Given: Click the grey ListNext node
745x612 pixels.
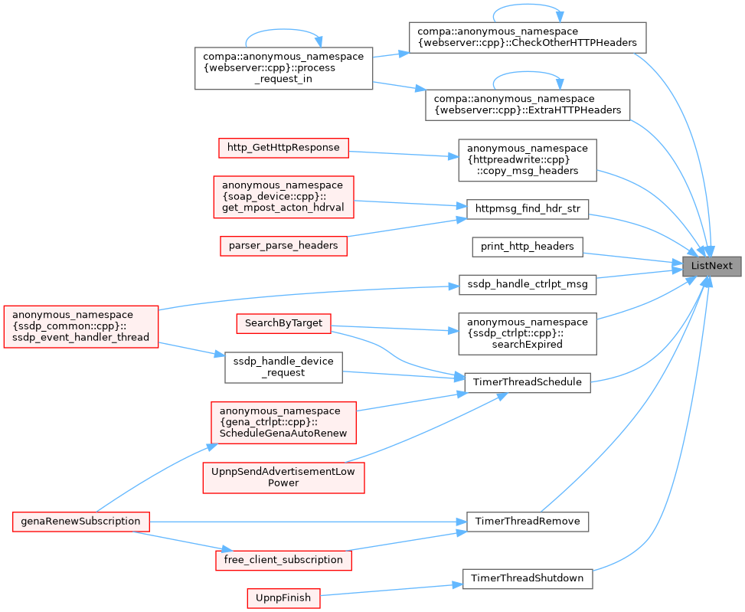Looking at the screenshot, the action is tap(712, 266).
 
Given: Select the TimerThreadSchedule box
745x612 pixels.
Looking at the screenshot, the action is tap(528, 382).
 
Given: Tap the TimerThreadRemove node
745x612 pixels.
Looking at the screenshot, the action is tap(528, 522).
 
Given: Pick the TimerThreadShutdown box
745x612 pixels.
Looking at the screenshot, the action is tap(528, 579).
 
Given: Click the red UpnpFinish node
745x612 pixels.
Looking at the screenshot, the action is tap(283, 598).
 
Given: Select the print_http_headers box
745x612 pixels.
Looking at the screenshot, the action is tap(528, 247).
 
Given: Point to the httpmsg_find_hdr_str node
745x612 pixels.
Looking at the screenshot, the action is tap(528, 209).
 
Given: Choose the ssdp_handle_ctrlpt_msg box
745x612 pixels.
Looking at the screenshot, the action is tap(528, 285).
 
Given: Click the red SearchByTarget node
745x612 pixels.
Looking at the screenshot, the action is tap(283, 323).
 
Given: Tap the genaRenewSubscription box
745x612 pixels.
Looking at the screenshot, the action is tap(80, 522).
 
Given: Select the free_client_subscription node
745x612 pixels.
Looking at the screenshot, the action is tap(283, 560).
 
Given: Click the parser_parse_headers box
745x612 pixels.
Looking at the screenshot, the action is tap(283, 246).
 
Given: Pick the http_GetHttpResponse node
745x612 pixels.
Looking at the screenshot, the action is tap(283, 149).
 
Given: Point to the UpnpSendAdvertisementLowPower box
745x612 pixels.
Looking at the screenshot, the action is tap(283, 477).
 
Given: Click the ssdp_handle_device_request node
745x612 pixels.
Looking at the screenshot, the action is tap(283, 368).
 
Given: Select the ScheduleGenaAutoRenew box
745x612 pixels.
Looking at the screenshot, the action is tap(283, 423).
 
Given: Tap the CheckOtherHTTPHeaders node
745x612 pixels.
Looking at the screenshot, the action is tap(528, 38).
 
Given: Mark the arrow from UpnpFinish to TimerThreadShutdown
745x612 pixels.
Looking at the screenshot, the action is tap(391, 590).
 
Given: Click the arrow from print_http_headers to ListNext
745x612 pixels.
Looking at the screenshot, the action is tap(632, 258).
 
